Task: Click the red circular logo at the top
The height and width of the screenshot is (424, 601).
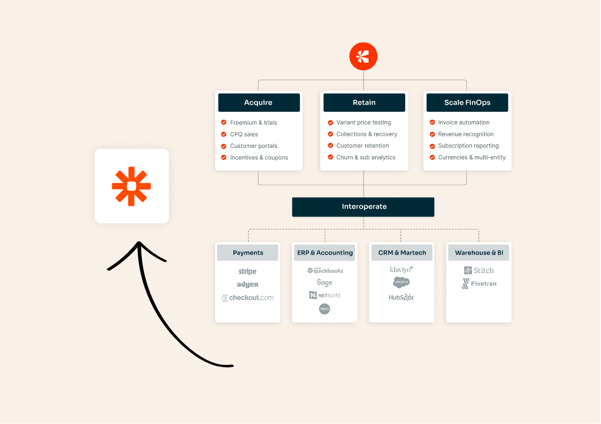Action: coord(363,57)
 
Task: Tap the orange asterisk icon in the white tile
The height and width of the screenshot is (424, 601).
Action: coord(131,186)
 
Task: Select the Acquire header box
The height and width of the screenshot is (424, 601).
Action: coord(259,103)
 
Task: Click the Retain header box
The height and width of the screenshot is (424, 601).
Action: coord(364,103)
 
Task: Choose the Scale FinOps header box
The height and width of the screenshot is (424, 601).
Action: coord(467,103)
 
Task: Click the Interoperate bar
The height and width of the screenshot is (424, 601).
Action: coord(363,207)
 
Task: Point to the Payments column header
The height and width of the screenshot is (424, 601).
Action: coord(247,253)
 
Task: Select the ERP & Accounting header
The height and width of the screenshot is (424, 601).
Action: coord(325,253)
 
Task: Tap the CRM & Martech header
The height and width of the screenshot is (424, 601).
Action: coord(402,253)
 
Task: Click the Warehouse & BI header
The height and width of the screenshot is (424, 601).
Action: coord(479,253)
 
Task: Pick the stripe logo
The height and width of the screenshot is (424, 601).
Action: coord(247,271)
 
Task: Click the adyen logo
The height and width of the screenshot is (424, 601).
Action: coord(247,284)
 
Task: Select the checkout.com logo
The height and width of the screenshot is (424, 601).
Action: coord(247,298)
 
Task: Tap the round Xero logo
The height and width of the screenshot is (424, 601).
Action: coord(325,309)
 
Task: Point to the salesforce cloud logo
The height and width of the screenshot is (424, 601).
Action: coord(401,282)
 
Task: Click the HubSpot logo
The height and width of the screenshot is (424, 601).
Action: coord(401,297)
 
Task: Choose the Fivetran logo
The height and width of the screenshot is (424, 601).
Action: coord(479,284)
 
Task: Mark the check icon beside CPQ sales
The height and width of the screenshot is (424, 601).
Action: coord(223,134)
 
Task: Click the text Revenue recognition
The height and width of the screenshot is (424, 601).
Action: coord(466,134)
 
